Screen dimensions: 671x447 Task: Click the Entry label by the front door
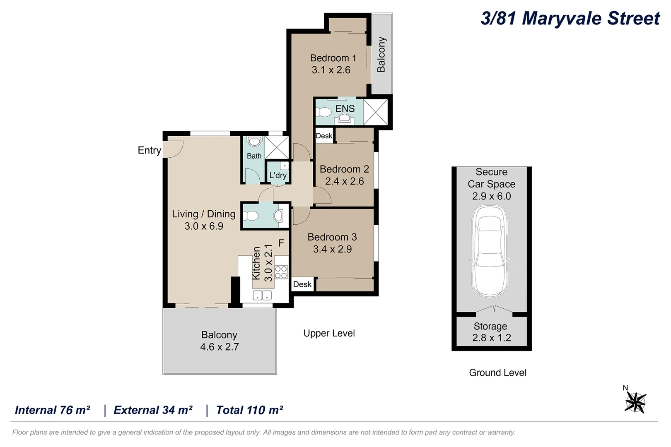coord(149,150)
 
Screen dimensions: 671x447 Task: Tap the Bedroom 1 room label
coord(333,58)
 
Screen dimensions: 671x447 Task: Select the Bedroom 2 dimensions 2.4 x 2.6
coord(345,181)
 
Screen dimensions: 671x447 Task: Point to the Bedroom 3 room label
coord(332,237)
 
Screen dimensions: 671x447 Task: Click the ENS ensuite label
coord(345,108)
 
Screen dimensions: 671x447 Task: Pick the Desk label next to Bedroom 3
coord(302,284)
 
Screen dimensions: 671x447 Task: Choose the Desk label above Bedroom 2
coord(324,136)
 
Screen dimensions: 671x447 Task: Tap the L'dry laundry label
coord(278,175)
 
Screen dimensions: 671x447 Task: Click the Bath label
coord(254,156)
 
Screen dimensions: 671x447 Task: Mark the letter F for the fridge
coord(281,243)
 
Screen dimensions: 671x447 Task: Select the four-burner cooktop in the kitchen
coord(281,272)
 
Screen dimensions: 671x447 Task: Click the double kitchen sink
coord(262,295)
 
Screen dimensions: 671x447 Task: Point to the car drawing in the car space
coord(490,251)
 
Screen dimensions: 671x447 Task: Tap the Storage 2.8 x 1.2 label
coord(491,332)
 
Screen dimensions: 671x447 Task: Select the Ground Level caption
coord(497,372)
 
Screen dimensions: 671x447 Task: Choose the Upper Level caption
coord(329,333)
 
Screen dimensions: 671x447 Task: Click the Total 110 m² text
coord(249,410)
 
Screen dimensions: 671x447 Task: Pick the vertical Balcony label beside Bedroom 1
coord(381,55)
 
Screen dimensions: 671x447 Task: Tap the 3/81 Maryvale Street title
coord(570,18)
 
